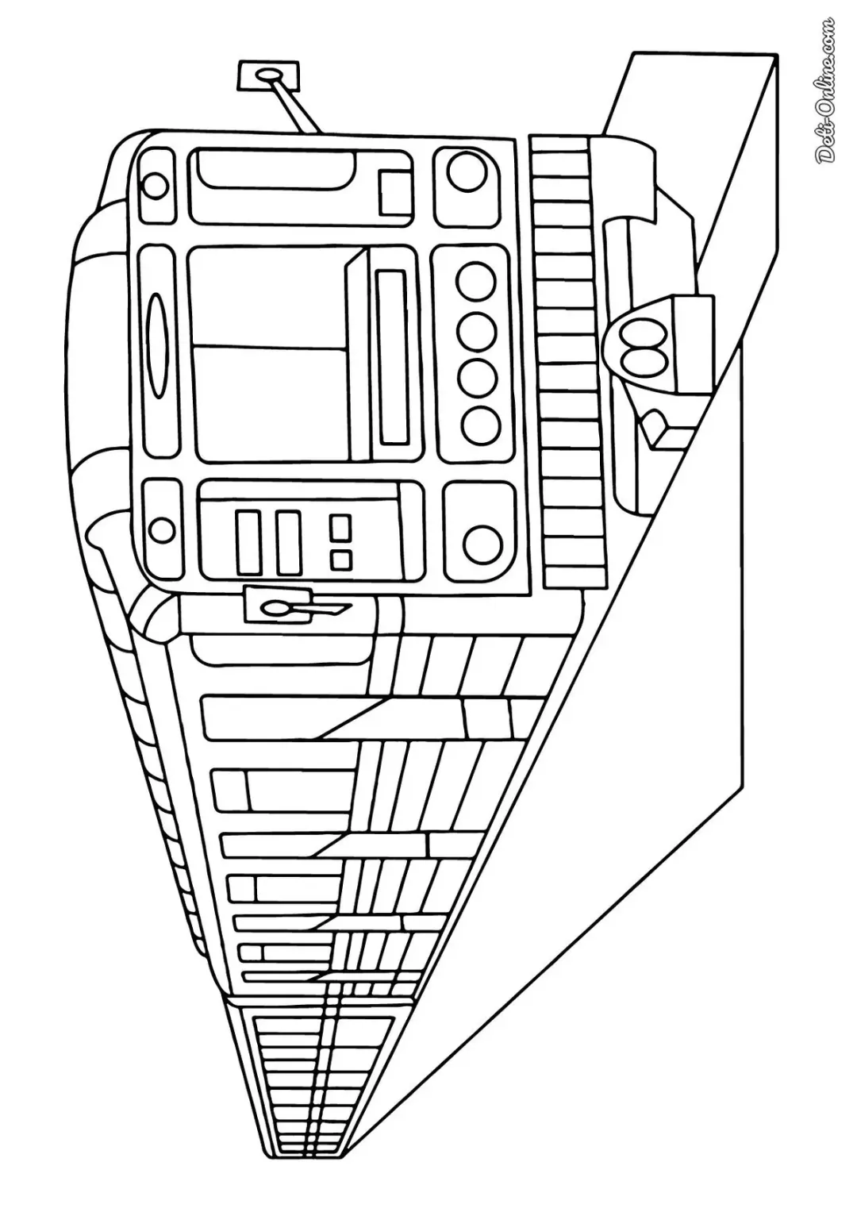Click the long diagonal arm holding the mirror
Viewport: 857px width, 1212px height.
[x=297, y=106]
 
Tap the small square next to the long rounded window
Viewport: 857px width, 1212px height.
[x=394, y=193]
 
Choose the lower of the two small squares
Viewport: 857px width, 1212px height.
[x=340, y=560]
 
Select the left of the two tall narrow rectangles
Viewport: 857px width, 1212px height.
[x=248, y=542]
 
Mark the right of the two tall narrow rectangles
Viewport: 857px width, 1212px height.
[x=288, y=542]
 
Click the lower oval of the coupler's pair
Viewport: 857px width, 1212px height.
[x=642, y=360]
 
